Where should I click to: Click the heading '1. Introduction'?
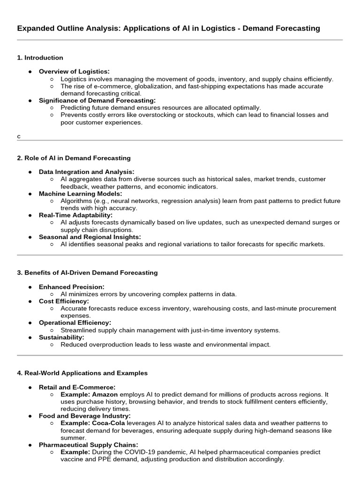40,58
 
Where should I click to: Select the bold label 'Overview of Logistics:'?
74,71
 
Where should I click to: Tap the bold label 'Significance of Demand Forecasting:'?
97,100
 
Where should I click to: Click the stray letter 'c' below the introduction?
19,136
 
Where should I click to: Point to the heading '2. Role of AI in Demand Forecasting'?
74,158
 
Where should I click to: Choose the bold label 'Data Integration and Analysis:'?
86,172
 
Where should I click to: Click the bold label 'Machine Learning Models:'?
80,194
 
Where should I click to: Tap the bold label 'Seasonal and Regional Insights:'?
90,237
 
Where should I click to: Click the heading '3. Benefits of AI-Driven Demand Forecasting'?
87,272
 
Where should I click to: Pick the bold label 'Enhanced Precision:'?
71,287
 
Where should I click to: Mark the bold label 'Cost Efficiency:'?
63,301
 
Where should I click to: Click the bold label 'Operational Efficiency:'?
75,322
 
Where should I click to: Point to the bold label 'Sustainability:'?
61,337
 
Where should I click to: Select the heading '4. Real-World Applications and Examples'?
82,373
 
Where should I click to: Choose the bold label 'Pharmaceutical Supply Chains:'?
88,444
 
